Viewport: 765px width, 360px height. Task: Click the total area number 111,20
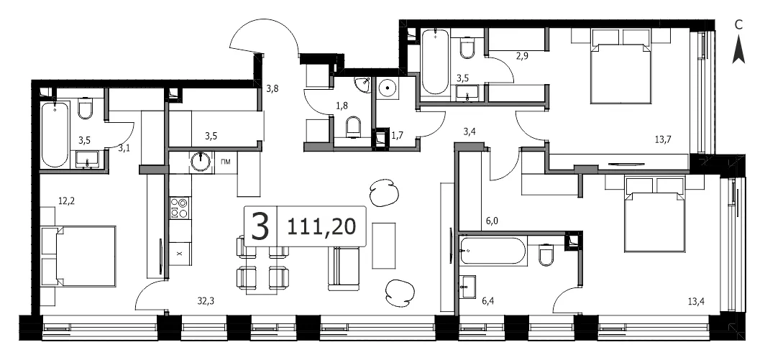[x=321, y=226]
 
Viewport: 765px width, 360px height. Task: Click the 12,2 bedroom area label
[x=67, y=200]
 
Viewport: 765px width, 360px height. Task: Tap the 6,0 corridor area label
[x=492, y=221]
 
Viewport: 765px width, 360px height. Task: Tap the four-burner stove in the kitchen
[x=180, y=208]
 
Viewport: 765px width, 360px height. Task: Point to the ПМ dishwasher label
[x=226, y=162]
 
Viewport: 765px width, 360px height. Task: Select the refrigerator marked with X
[x=180, y=254]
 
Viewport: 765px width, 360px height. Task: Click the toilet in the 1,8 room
[x=353, y=127]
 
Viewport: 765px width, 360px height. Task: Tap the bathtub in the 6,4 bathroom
[x=493, y=251]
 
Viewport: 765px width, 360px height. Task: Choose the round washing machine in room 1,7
[x=387, y=88]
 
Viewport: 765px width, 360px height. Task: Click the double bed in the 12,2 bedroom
[x=80, y=256]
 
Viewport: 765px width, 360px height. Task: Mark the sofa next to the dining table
[x=344, y=268]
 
